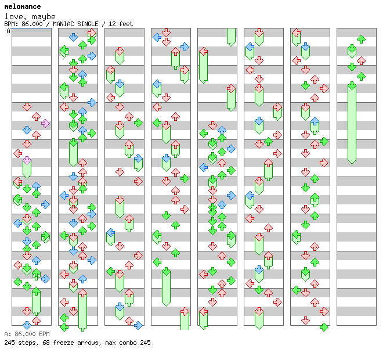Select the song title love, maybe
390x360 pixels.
coord(30,16)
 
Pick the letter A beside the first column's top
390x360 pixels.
coord(8,31)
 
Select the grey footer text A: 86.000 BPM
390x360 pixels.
coord(27,334)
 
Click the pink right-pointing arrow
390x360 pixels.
coord(45,123)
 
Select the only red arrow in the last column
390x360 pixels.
coord(361,60)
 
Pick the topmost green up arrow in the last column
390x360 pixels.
coord(361,39)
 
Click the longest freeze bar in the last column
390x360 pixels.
coord(352,123)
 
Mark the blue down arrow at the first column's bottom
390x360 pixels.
coord(27,325)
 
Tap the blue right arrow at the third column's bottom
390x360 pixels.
coord(138,325)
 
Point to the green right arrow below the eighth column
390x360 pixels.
coord(324,327)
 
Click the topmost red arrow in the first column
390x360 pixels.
coord(27,107)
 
